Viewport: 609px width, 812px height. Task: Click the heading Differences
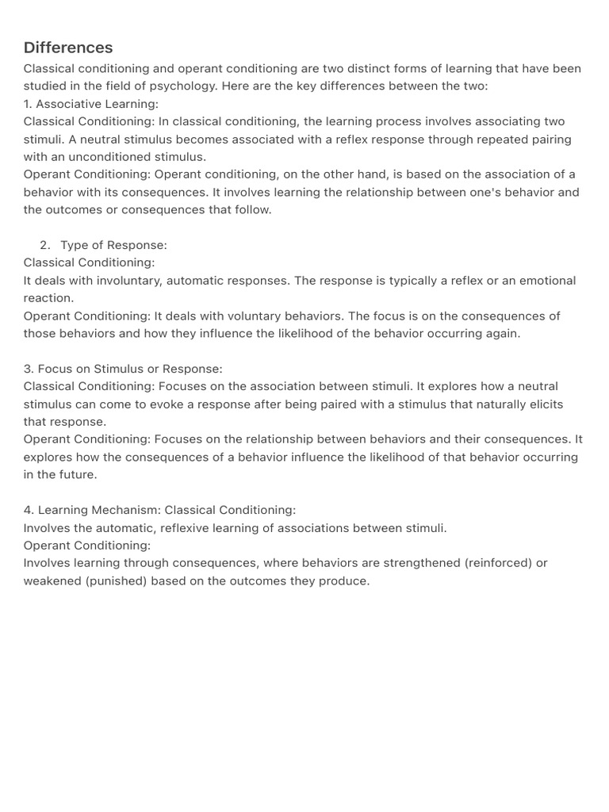[x=68, y=48]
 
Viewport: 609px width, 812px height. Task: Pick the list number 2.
[x=44, y=245]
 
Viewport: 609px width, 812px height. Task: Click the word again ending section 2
[x=501, y=333]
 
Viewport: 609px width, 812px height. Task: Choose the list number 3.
[x=28, y=369]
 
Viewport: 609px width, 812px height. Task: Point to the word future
[x=78, y=474]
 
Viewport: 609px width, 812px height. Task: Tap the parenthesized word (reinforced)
[x=498, y=563]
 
